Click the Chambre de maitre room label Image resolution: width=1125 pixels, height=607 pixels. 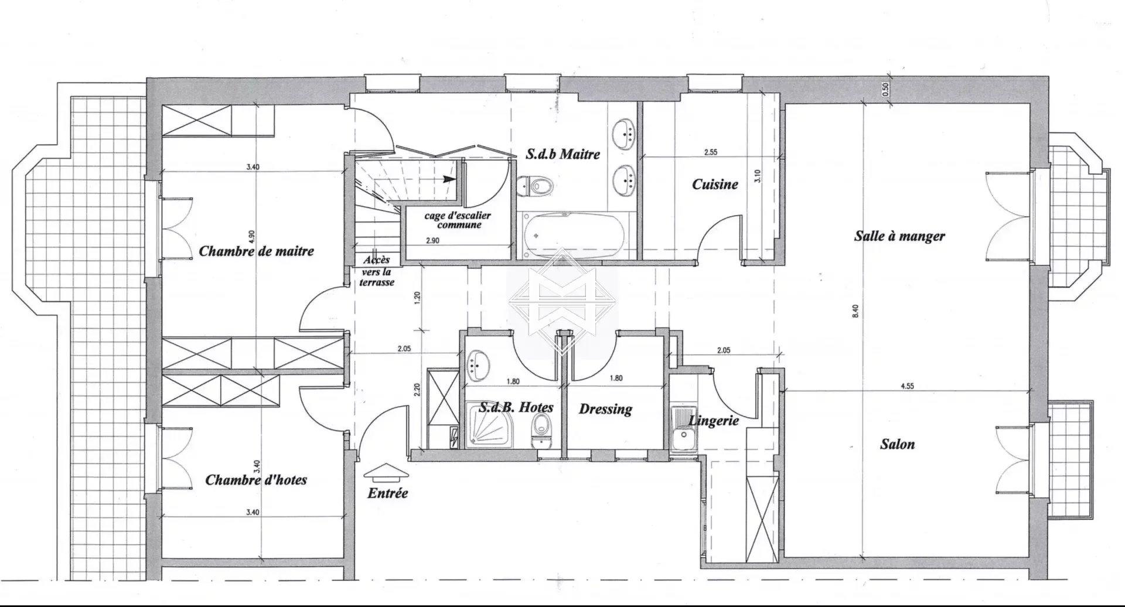[256, 251]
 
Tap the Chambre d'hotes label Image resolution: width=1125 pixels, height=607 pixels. [256, 480]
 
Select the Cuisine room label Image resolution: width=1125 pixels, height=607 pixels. [715, 184]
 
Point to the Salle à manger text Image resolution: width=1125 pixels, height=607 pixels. [899, 236]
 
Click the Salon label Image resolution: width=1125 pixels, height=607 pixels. [897, 444]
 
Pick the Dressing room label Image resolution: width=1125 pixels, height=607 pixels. [605, 408]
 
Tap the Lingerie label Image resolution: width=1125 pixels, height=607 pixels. [713, 420]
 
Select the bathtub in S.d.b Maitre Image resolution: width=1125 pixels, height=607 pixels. [573, 234]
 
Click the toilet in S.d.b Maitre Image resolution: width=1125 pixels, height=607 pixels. [537, 187]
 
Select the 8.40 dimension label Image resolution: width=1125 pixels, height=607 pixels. [855, 311]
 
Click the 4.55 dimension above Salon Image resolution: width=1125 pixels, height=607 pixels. [906, 386]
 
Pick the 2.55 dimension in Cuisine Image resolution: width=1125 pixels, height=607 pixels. [711, 152]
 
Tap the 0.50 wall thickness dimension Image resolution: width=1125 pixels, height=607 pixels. [885, 89]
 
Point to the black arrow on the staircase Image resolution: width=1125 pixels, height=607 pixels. [449, 179]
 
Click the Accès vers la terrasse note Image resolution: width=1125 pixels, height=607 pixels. [378, 271]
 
